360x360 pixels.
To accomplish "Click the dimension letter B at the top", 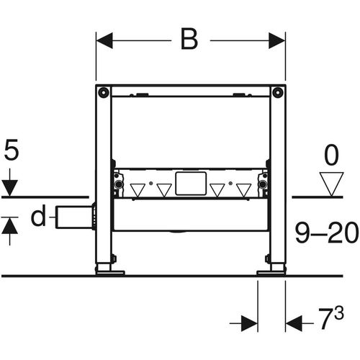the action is pyautogui.click(x=189, y=39).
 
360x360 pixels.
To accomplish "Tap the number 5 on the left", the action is pyautogui.click(x=12, y=150).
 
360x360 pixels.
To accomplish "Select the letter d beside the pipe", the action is pyautogui.click(x=38, y=215).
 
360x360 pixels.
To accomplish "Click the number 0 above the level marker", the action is pyautogui.click(x=331, y=156).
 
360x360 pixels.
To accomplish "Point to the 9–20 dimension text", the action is pyautogui.click(x=327, y=233).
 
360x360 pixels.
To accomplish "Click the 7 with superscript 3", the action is pyautogui.click(x=331, y=318).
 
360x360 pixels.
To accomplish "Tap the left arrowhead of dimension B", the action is pyautogui.click(x=104, y=40).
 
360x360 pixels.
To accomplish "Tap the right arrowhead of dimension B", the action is pyautogui.click(x=277, y=40).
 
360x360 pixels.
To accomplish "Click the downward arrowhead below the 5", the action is pyautogui.click(x=10, y=188).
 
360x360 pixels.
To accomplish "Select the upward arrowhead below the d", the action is pyautogui.click(x=10, y=225).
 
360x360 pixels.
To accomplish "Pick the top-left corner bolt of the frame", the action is pyautogui.click(x=104, y=92).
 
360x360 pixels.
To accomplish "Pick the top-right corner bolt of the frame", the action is pyautogui.click(x=277, y=92).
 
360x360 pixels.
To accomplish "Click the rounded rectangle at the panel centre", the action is pyautogui.click(x=191, y=184).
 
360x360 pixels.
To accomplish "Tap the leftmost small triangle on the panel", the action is pyautogui.click(x=138, y=190).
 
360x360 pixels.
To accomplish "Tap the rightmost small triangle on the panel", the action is pyautogui.click(x=244, y=190).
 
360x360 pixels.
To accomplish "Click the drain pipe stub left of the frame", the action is pyautogui.click(x=74, y=217).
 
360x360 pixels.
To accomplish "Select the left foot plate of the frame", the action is pyautogui.click(x=110, y=273).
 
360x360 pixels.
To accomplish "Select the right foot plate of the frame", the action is pyautogui.click(x=271, y=273).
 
